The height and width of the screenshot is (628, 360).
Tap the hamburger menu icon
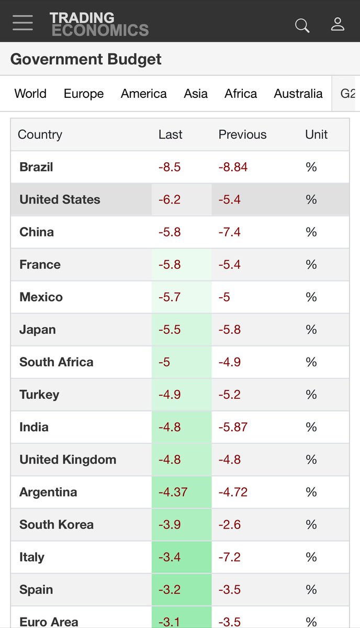point(23,23)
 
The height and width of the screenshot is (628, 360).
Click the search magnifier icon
point(302,25)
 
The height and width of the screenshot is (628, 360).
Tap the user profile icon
point(337,24)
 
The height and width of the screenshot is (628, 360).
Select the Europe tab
point(84,94)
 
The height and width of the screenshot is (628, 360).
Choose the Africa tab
point(241,94)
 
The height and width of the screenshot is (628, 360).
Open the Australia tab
point(298,94)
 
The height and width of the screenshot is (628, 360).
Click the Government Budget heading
point(86,59)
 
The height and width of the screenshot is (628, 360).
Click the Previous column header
point(242,134)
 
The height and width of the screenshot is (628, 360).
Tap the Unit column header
point(316,134)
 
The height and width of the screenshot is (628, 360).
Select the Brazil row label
point(36,167)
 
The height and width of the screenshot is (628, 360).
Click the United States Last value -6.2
point(170,200)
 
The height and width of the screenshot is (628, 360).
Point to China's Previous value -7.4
point(229,232)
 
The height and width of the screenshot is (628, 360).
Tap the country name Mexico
point(41,297)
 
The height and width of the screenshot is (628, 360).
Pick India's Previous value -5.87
point(233,427)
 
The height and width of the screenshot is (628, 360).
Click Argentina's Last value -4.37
point(173,492)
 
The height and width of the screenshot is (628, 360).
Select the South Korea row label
point(57,524)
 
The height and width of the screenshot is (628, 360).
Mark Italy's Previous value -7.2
point(229,557)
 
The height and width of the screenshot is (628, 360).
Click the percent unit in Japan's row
point(311,330)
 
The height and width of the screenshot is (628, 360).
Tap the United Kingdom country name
point(67,459)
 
